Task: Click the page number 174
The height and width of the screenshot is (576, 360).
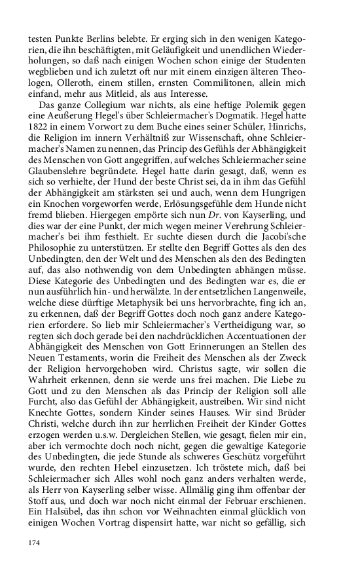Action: tap(34, 543)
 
